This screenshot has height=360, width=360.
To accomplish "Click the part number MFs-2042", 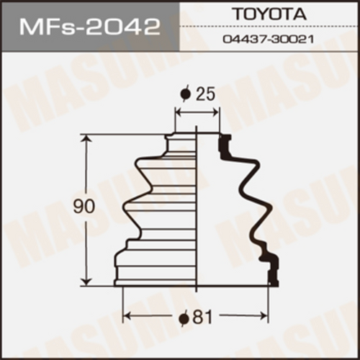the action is pos(90,27).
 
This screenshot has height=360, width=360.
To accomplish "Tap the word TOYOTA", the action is pos(269,14).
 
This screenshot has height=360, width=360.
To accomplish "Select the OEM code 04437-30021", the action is pos(269,40).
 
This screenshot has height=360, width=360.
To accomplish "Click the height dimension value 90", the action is pos(84,207).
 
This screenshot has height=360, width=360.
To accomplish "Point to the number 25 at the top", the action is pos(205,94).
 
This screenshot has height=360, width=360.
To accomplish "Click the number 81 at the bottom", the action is pos(202,318).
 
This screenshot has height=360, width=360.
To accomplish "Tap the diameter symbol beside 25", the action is pos(185,94).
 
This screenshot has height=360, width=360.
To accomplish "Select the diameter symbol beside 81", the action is pos(184,318).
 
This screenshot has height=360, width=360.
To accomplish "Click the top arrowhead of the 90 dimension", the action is pos(86,139).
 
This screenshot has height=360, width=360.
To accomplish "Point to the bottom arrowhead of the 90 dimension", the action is pos(86,281).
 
